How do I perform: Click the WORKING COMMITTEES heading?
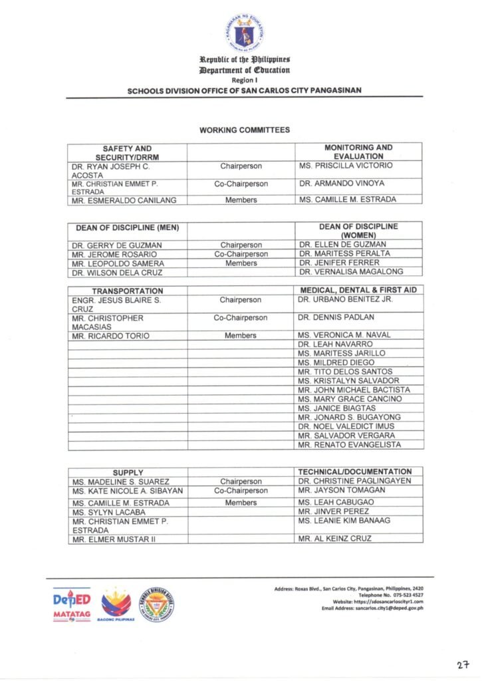245,130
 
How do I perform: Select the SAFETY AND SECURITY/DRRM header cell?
127,152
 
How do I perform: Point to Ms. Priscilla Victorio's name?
345,166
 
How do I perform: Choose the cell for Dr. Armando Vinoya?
341,184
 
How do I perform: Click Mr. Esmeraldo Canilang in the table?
120,200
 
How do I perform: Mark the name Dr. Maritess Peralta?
344,254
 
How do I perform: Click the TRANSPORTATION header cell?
127,291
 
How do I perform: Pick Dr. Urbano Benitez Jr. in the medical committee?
346,300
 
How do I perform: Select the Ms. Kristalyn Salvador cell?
350,381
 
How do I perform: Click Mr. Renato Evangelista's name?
350,445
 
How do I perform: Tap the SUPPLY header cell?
128,472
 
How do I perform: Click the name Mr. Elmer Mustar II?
113,539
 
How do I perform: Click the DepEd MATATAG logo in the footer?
72,604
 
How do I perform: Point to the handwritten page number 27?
463,664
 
